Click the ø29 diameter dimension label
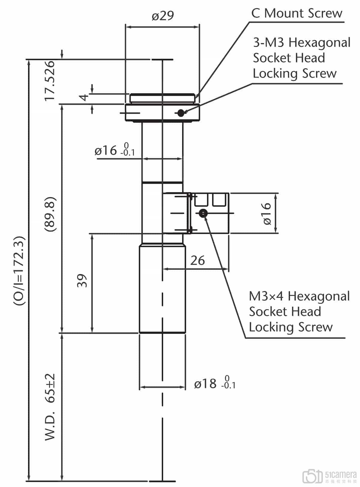[x=163, y=16]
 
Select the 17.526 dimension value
[x=50, y=81]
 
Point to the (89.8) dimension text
[x=50, y=214]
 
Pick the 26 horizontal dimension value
[x=197, y=261]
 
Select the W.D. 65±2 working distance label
[x=50, y=407]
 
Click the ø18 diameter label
[x=205, y=384]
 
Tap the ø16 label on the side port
[x=267, y=213]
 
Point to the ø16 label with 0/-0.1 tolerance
[x=106, y=150]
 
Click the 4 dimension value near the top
[x=85, y=97]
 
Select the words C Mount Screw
[x=296, y=13]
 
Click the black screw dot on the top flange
[x=181, y=113]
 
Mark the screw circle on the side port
[x=203, y=213]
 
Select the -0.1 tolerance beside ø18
[x=228, y=386]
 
